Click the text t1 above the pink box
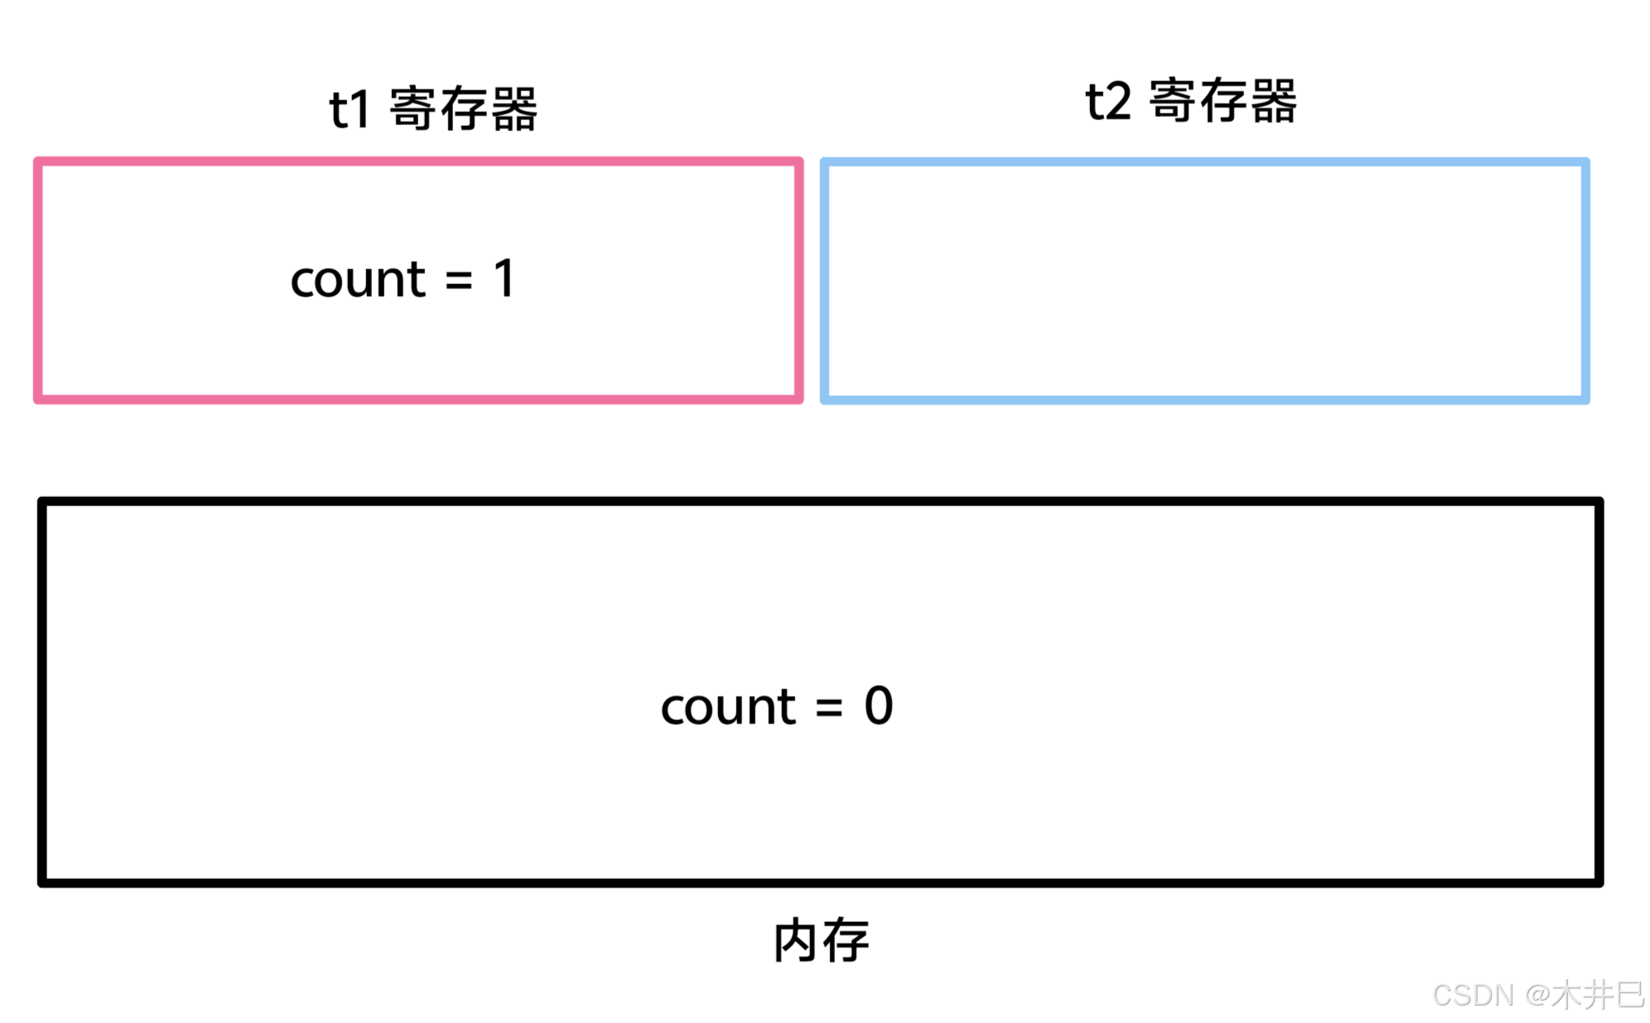(349, 109)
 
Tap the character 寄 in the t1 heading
(412, 109)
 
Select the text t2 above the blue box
(1107, 102)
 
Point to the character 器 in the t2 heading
(1273, 101)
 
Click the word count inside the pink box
(358, 279)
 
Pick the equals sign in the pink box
(458, 280)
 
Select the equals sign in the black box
(828, 707)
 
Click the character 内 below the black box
(795, 941)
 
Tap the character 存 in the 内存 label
(846, 941)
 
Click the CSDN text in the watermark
(1473, 995)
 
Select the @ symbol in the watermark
(1537, 995)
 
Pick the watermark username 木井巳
(1598, 995)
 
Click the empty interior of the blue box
(1204, 281)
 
